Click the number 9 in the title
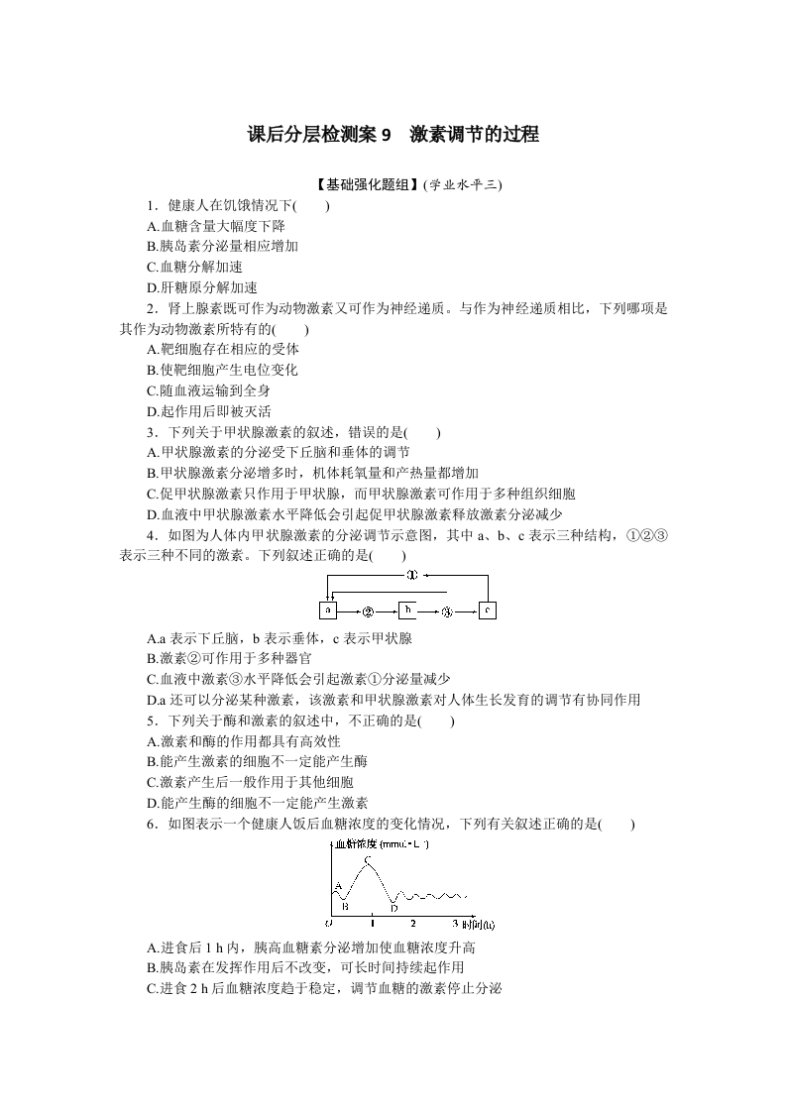(387, 135)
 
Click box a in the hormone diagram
(328, 611)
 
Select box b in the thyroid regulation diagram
(407, 611)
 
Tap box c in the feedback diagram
(487, 611)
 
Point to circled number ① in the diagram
(410, 575)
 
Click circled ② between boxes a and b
(368, 612)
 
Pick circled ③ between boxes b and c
(447, 612)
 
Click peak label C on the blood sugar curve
(368, 860)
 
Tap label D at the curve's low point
(393, 907)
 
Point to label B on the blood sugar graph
(344, 906)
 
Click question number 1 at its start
(150, 206)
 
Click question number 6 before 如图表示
(150, 824)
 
